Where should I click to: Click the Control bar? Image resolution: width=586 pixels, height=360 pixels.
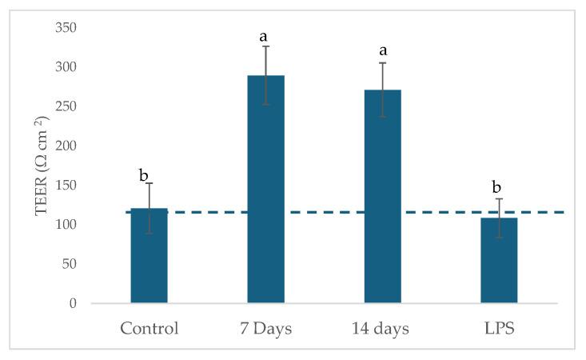149,256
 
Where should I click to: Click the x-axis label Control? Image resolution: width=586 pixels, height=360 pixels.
149,329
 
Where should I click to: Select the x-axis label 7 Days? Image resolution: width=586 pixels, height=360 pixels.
265,329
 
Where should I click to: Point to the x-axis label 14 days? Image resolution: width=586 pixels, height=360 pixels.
383,329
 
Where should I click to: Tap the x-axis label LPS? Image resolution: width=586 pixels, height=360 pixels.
499,329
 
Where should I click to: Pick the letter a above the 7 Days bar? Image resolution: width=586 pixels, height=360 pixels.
263,37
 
